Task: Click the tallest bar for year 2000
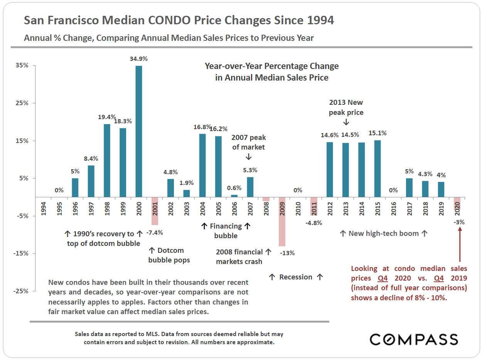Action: pos(139,131)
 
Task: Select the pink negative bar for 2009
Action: pos(282,222)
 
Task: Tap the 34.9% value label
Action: pos(139,59)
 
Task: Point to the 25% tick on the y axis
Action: pos(22,103)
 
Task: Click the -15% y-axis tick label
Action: pos(22,253)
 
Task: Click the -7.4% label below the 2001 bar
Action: pos(155,233)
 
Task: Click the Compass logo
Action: pos(414,339)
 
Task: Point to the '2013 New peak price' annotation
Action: pos(346,108)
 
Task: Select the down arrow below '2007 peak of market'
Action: pos(248,156)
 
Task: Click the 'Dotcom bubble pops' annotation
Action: pos(169,255)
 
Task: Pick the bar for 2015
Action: pos(378,168)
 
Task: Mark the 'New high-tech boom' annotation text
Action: pos(384,233)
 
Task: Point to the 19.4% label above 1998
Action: pos(107,117)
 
